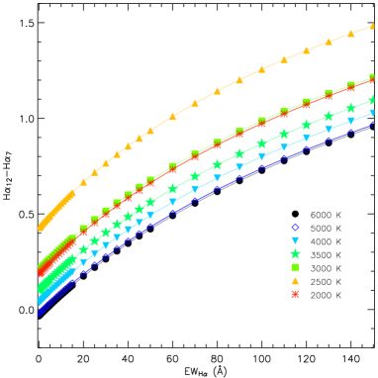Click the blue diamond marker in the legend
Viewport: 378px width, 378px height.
(295, 228)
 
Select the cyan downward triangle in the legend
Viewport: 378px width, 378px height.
(295, 240)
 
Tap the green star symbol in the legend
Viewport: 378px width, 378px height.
(295, 254)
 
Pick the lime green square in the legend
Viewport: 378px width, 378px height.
(295, 267)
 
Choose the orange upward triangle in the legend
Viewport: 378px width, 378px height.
(295, 281)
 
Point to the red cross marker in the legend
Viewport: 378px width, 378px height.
(295, 294)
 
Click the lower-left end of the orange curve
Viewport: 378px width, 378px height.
(42, 227)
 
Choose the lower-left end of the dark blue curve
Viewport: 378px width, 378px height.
(42, 311)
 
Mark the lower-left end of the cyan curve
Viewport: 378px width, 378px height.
(42, 300)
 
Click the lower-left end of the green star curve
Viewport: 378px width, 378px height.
(42, 289)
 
